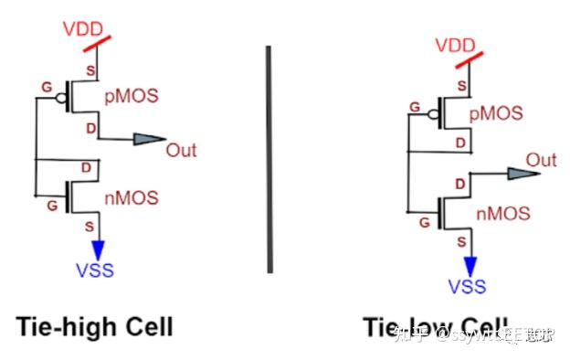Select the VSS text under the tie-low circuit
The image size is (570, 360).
(x=467, y=288)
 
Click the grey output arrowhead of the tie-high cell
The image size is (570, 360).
(x=148, y=140)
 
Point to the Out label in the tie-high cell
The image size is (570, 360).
(x=181, y=150)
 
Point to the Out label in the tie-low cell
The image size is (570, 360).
(x=541, y=161)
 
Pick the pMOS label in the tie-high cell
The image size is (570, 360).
(x=132, y=93)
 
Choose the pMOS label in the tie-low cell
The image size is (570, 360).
(x=497, y=113)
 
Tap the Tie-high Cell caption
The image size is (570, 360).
(x=93, y=326)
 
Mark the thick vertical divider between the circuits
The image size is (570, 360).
(x=269, y=159)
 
